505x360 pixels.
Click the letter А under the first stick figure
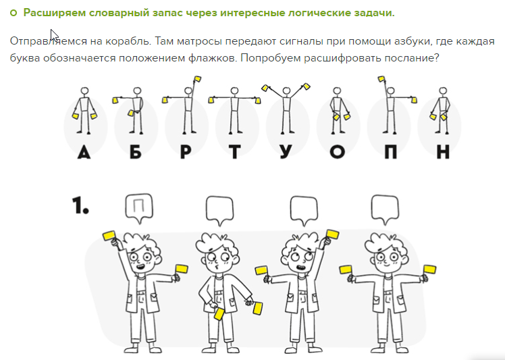[x=84, y=152]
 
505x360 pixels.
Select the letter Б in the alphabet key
[x=136, y=152]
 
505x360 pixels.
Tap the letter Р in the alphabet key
[x=186, y=152]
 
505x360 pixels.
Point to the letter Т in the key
[x=235, y=152]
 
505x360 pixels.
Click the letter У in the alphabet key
[x=286, y=152]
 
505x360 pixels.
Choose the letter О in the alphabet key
[x=337, y=152]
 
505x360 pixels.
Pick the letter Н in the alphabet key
[x=443, y=152]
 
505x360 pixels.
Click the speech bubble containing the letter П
[x=139, y=209]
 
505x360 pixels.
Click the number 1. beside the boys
[x=80, y=205]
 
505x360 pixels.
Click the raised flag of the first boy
[x=109, y=235]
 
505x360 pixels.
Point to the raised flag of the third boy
[x=332, y=234]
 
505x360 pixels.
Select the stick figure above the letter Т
[x=234, y=110]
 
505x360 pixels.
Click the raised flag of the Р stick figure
[x=197, y=79]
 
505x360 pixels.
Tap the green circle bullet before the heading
[x=14, y=13]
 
